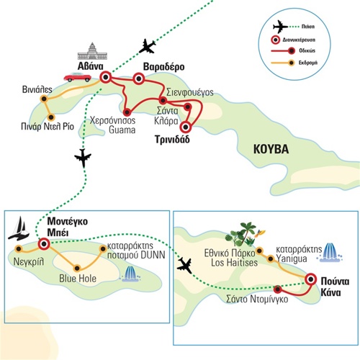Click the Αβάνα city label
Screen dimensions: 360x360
tap(90, 66)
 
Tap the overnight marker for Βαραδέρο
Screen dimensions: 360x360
tap(139, 78)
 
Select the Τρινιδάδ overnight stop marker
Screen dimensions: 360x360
tap(185, 127)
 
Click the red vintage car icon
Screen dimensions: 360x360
tap(77, 77)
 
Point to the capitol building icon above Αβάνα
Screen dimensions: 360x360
tap(92, 51)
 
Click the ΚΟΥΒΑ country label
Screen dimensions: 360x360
tap(271, 149)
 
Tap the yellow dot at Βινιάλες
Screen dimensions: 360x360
tap(44, 99)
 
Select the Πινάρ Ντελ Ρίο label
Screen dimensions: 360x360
tap(48, 126)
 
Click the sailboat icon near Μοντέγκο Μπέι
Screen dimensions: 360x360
tap(19, 228)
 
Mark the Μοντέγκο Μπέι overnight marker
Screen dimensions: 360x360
tap(44, 244)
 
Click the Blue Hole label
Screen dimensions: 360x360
tap(78, 279)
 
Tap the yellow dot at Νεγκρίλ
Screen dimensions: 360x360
tap(19, 249)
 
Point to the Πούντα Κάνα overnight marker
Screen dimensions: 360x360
tap(311, 279)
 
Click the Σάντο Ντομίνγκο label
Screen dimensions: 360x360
tap(257, 299)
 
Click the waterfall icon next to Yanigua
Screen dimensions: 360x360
tap(330, 253)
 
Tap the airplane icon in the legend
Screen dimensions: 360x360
tap(280, 27)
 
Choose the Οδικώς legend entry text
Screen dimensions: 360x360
tap(307, 50)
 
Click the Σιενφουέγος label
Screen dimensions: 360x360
tap(189, 93)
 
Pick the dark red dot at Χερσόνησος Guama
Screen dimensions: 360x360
tap(127, 112)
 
